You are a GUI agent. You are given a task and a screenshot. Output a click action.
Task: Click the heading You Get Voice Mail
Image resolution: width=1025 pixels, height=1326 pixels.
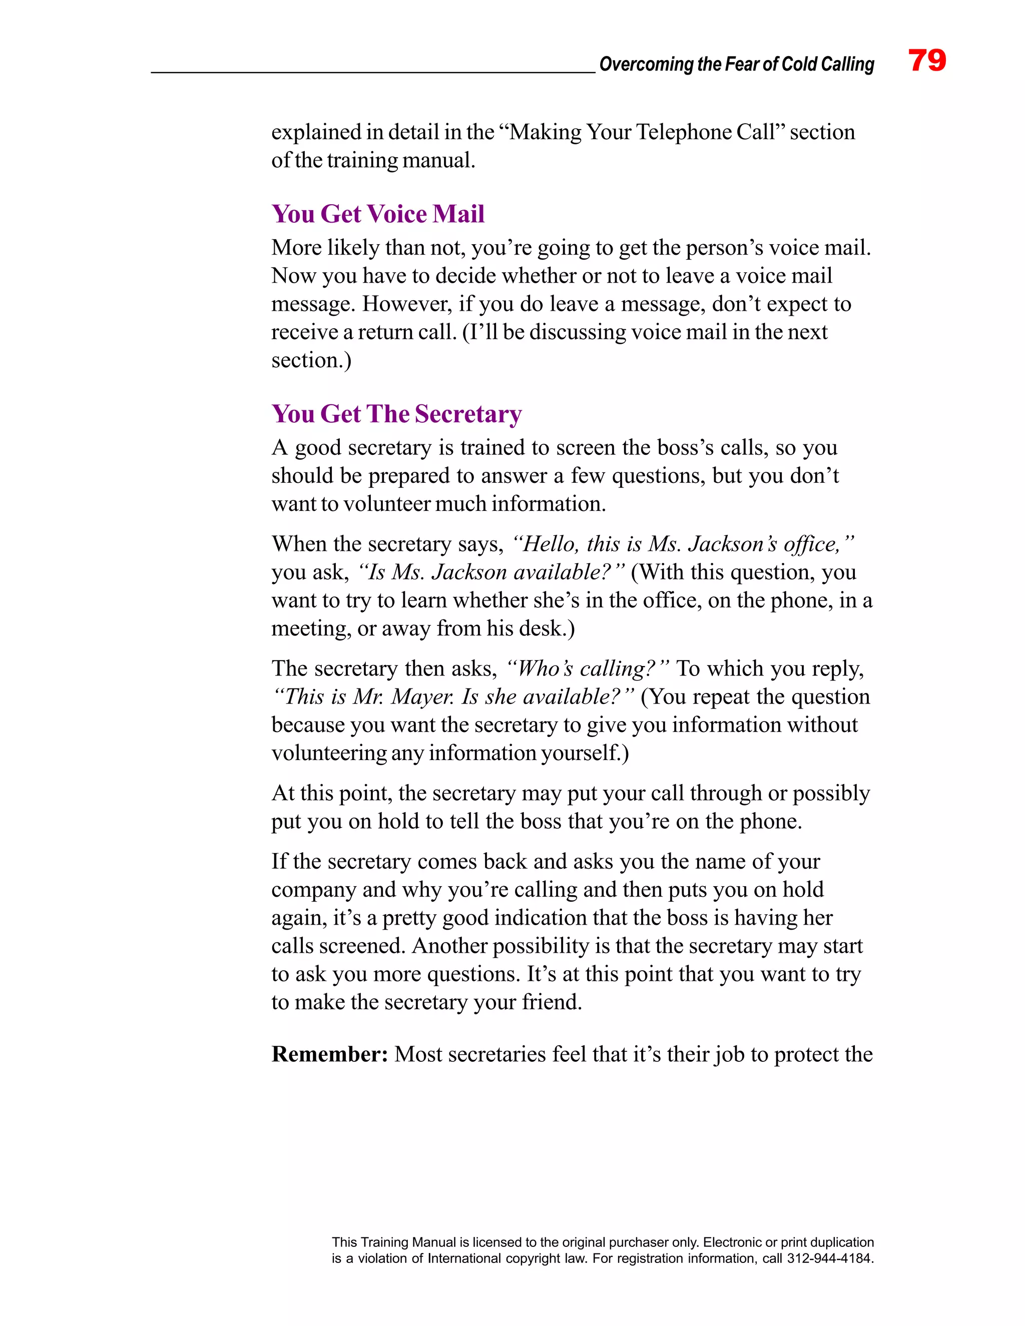(378, 214)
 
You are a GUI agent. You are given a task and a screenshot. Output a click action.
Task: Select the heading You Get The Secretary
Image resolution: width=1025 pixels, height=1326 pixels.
(396, 414)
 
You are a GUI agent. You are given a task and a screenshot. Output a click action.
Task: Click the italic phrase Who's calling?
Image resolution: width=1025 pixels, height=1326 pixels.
(587, 669)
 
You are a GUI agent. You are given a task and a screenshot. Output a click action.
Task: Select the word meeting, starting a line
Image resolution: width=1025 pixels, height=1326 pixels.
(311, 628)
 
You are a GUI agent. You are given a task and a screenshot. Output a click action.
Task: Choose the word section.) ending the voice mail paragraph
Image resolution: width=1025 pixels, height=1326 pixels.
(311, 360)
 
